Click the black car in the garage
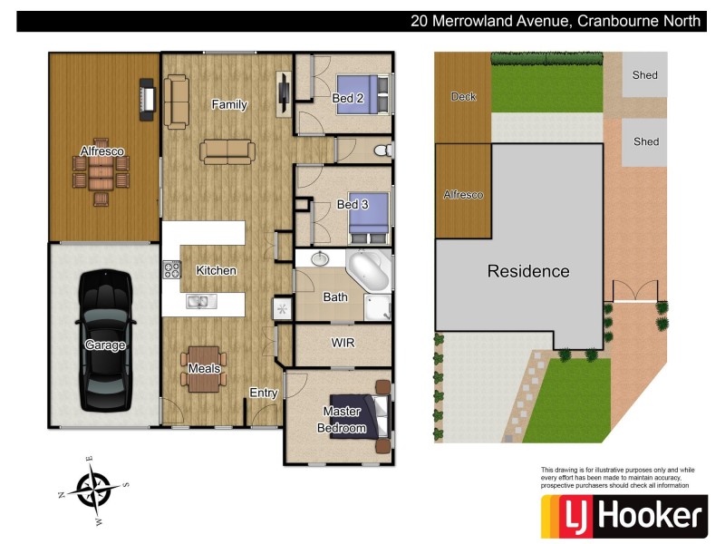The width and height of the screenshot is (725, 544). (x=105, y=339)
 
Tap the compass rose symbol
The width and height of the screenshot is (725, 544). (x=93, y=490)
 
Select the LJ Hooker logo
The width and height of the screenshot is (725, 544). (x=623, y=516)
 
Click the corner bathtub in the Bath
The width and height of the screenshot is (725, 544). (x=369, y=270)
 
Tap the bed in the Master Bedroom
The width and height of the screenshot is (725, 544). (x=361, y=413)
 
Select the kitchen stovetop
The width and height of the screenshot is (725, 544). (x=171, y=269)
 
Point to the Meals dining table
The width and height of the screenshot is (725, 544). (x=204, y=368)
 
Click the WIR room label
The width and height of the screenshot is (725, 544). (x=343, y=344)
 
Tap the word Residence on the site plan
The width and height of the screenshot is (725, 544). (x=528, y=271)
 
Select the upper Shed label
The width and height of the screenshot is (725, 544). (x=645, y=75)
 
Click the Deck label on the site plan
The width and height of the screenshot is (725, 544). (x=463, y=96)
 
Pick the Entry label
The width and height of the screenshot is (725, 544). (x=263, y=393)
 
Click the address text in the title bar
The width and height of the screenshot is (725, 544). (x=555, y=21)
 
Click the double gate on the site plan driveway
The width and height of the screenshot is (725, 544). (x=634, y=292)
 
